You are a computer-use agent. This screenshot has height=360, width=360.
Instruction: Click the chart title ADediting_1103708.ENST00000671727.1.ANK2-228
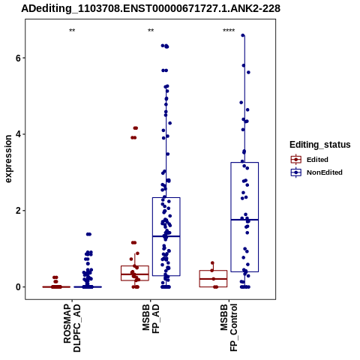[x=151, y=8]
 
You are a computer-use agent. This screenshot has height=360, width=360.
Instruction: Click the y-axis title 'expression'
[x=8, y=159]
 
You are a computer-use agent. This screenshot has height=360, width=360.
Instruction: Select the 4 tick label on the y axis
[x=17, y=134]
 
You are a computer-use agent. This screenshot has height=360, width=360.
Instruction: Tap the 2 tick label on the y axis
[x=17, y=211]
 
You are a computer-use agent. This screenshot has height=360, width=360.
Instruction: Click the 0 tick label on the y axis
[x=17, y=287]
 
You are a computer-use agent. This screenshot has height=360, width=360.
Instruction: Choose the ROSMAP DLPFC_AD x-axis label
[x=72, y=328]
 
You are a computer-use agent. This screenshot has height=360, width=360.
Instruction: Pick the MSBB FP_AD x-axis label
[x=151, y=318]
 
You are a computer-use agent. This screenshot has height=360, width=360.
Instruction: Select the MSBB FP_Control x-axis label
[x=229, y=327]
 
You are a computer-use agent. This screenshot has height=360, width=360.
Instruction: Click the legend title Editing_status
[x=320, y=145]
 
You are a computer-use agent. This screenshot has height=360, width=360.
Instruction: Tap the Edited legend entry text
[x=317, y=160]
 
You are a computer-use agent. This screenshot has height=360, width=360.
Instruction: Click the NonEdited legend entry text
[x=325, y=172]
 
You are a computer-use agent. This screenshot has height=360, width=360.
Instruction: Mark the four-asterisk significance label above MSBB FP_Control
[x=229, y=31]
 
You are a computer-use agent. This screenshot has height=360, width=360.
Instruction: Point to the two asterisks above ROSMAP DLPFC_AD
[x=72, y=31]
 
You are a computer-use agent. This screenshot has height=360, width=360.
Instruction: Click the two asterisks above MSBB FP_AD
[x=151, y=31]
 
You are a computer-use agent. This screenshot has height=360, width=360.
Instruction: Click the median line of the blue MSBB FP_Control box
[x=244, y=220]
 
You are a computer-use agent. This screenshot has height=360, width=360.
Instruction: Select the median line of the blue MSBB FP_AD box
[x=166, y=236]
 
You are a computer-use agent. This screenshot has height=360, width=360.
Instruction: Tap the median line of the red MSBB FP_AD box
[x=135, y=274]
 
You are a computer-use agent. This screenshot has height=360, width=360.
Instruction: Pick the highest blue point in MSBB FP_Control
[x=243, y=35]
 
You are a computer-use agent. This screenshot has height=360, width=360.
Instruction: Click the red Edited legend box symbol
[x=296, y=160]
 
